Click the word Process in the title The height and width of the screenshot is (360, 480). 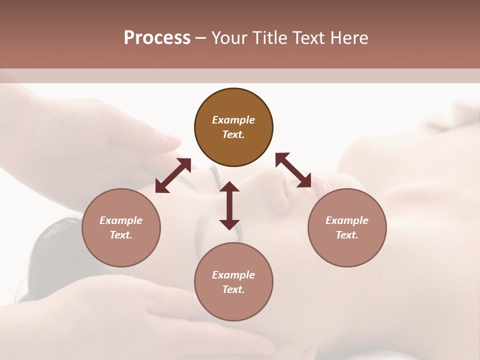(157, 38)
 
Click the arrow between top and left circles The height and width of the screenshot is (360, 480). (173, 175)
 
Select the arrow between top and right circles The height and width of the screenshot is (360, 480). (293, 170)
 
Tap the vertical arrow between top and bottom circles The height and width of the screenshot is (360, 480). (229, 205)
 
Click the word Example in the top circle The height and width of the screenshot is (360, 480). (233, 120)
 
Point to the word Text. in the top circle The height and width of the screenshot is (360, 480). (233, 134)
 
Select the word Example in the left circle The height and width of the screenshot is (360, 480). (121, 220)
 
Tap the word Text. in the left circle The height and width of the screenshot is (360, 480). (121, 235)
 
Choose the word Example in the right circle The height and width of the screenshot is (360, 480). (347, 220)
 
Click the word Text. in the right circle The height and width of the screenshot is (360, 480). (347, 235)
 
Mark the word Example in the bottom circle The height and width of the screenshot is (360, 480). (233, 275)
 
